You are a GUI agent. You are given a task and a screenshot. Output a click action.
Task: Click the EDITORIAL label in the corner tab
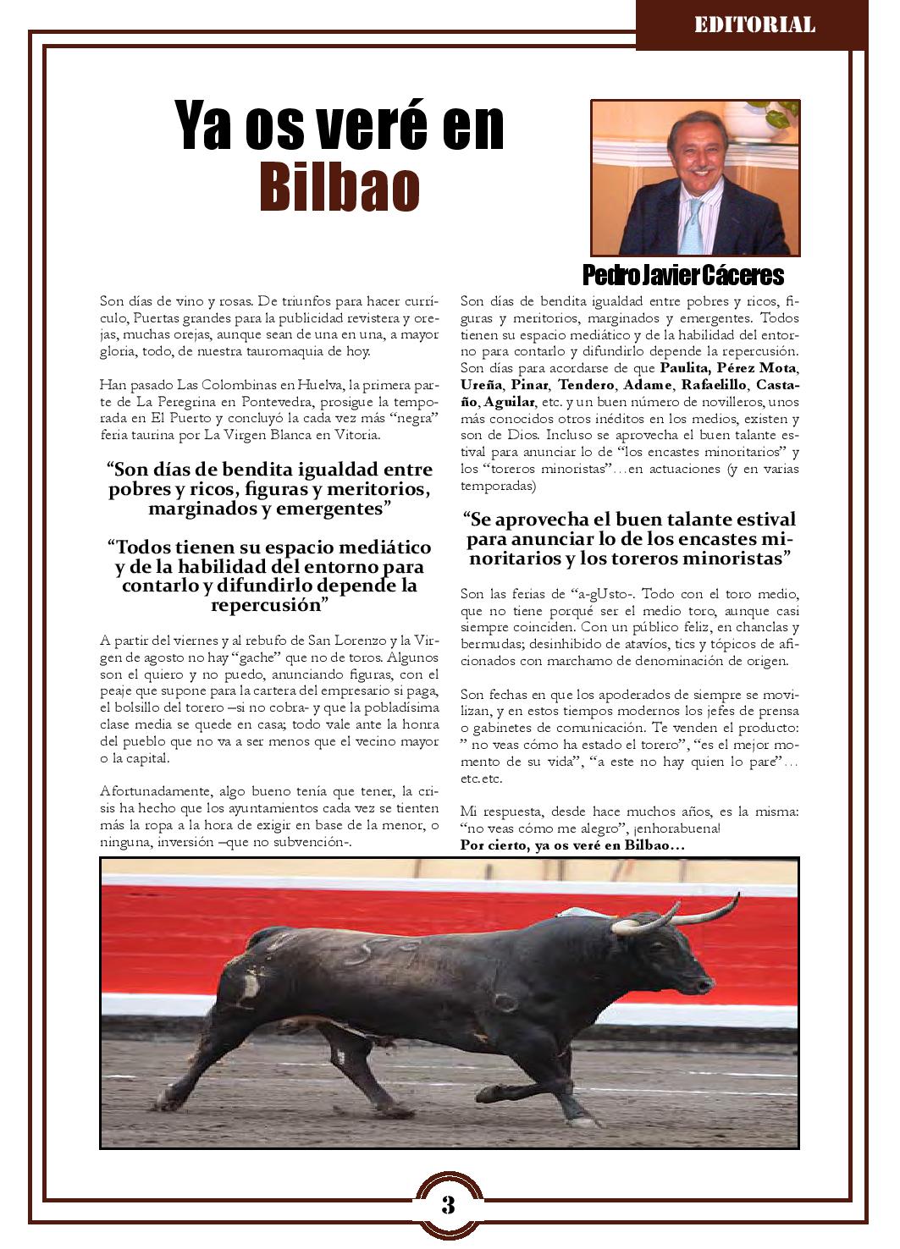point(754,25)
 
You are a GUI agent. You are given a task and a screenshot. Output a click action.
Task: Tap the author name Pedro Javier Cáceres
point(683,275)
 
